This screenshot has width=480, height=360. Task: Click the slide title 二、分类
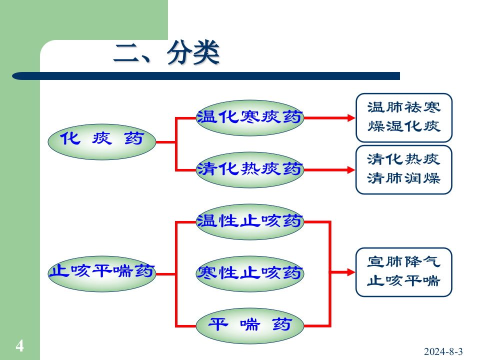(x=166, y=53)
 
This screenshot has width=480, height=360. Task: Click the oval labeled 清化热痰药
(x=249, y=169)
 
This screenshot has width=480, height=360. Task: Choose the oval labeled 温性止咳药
(x=249, y=221)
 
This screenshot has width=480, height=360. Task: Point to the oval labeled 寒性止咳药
(x=249, y=273)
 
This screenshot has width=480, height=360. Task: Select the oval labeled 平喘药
(x=249, y=325)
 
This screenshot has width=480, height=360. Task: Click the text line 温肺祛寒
(x=403, y=107)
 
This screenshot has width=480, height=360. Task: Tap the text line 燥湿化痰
(x=403, y=126)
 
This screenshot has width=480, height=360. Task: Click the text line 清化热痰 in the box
(x=403, y=159)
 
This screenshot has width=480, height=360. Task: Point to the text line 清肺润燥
(x=403, y=178)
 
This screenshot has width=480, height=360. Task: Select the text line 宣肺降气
(x=403, y=261)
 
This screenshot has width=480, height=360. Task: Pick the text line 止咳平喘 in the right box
(x=403, y=281)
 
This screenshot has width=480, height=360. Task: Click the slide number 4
(x=19, y=345)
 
